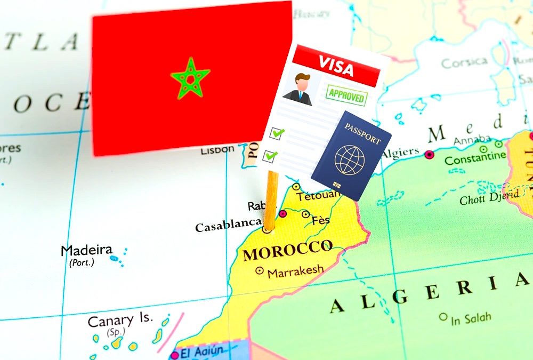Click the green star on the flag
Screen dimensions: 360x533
click(190, 78)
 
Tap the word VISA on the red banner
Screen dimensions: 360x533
click(336, 67)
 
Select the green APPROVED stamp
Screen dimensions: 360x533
click(347, 96)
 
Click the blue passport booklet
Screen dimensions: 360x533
click(351, 155)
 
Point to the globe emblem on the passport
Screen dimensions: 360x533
click(350, 159)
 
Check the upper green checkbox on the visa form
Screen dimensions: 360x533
click(277, 133)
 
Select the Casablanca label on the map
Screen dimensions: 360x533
click(228, 226)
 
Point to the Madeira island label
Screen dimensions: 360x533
click(86, 250)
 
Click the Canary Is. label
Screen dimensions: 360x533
click(120, 321)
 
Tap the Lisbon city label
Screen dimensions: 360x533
click(217, 150)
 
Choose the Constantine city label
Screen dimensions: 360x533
click(475, 158)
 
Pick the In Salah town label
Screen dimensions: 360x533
click(470, 319)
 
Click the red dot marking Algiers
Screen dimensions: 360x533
click(429, 154)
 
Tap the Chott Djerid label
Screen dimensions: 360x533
click(489, 198)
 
